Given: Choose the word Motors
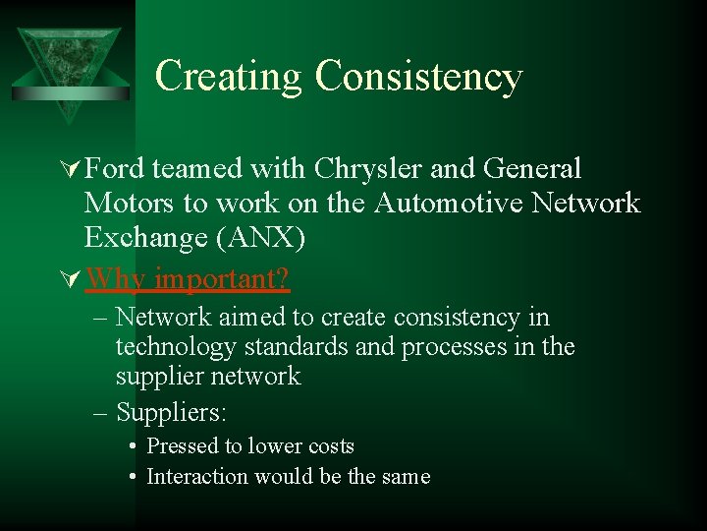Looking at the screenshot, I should [126, 204].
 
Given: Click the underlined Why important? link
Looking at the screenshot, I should [188, 279].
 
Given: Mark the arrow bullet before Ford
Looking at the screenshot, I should [72, 170].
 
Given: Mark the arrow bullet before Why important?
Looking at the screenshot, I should [72, 280].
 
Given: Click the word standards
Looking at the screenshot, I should [290, 347].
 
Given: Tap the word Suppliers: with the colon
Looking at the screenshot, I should [171, 411].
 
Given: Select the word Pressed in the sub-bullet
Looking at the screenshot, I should [182, 445].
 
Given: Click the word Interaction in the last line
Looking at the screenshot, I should [196, 477].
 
